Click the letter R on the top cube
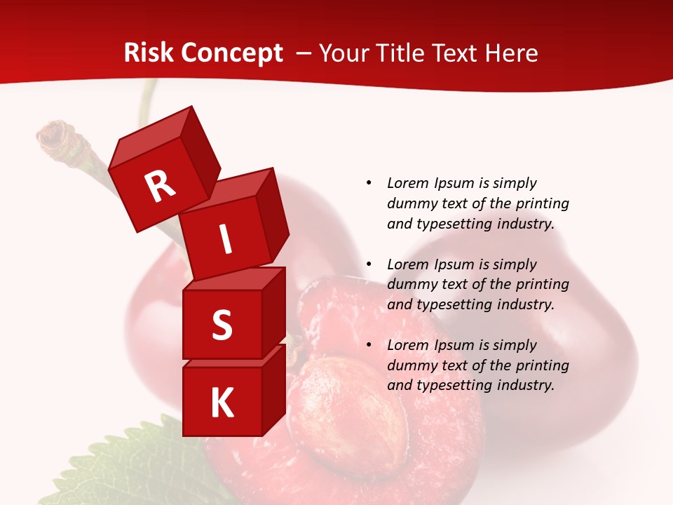[x=161, y=186]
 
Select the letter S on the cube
[x=222, y=325]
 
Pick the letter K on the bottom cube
[x=222, y=403]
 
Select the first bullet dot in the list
[x=369, y=183]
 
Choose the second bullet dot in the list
[x=369, y=264]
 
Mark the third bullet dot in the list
[x=369, y=345]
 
